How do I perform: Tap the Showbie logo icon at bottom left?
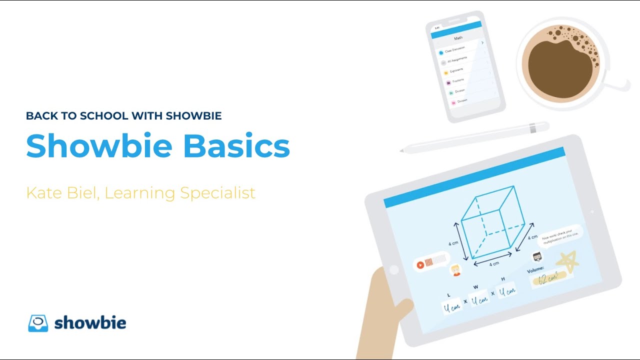38,323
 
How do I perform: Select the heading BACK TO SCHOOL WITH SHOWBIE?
123,116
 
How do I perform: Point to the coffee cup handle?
620,85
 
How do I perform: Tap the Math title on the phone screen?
458,38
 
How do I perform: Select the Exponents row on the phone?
456,70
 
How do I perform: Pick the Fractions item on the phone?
457,80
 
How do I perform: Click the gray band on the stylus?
533,128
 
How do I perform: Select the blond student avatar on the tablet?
455,270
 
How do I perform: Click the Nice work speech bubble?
560,235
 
